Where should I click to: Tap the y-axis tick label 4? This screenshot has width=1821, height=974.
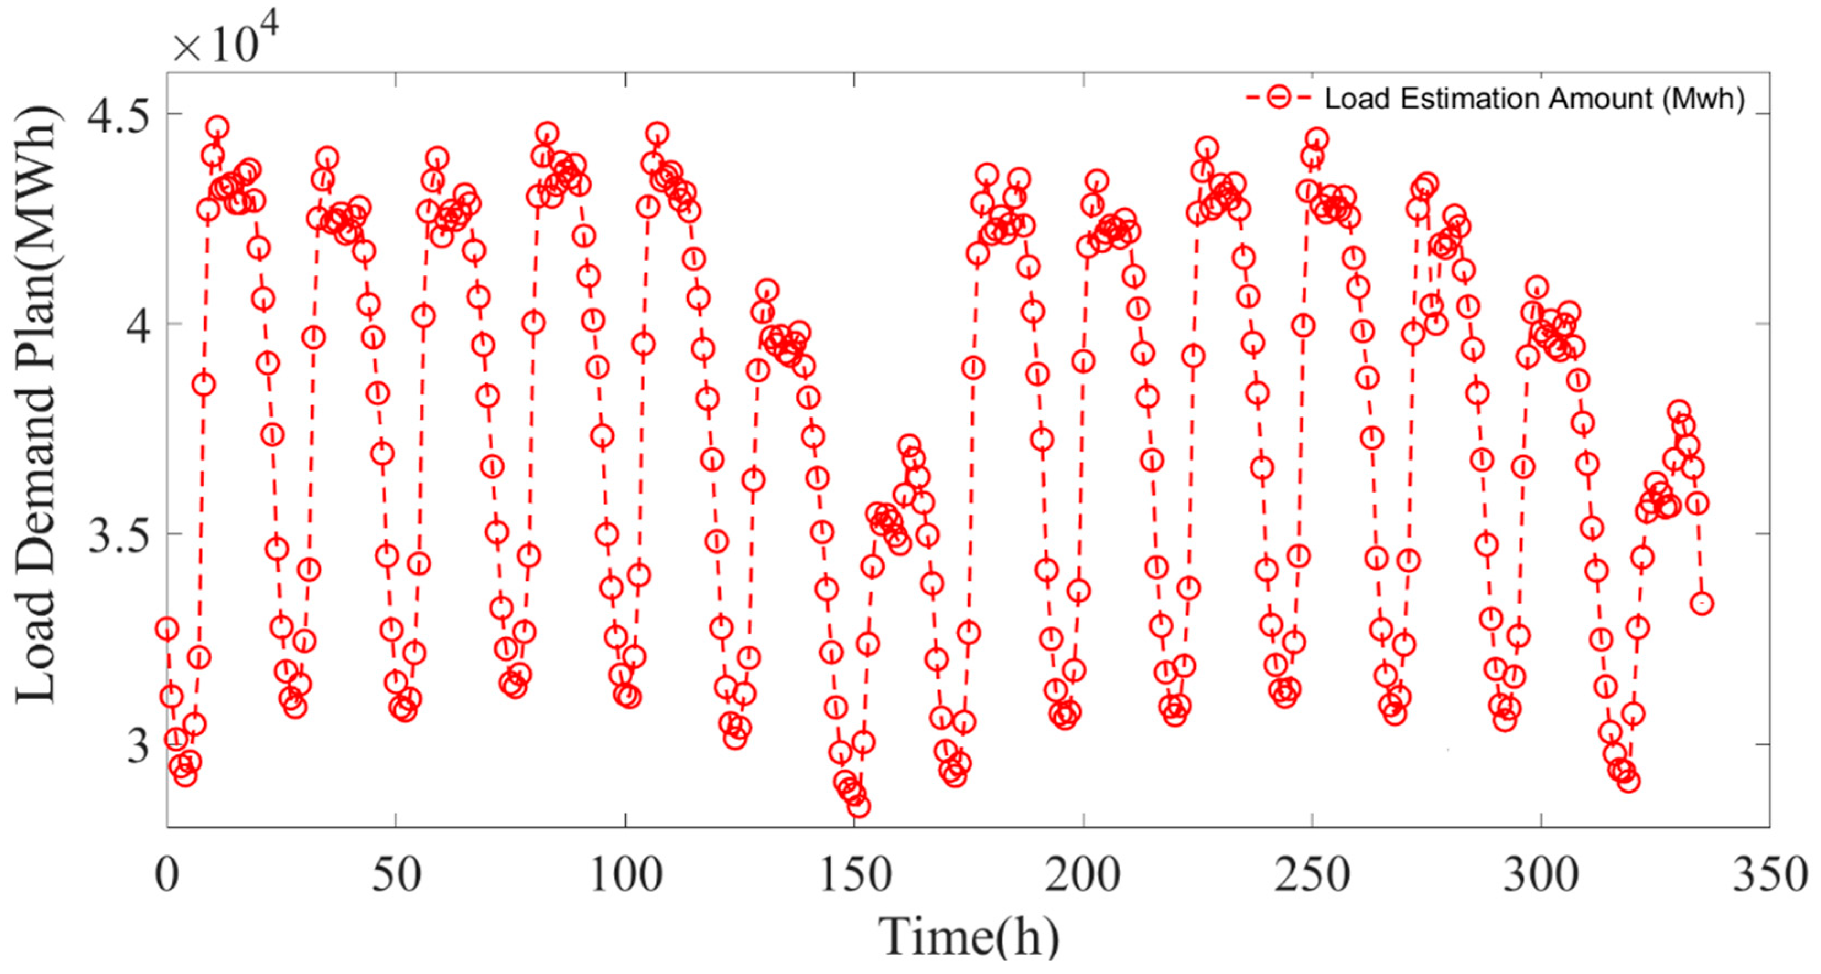tap(140, 324)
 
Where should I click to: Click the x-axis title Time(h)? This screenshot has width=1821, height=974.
tap(969, 937)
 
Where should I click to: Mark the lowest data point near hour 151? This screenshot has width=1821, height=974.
tap(859, 807)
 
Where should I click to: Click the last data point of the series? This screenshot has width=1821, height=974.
tap(1702, 604)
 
